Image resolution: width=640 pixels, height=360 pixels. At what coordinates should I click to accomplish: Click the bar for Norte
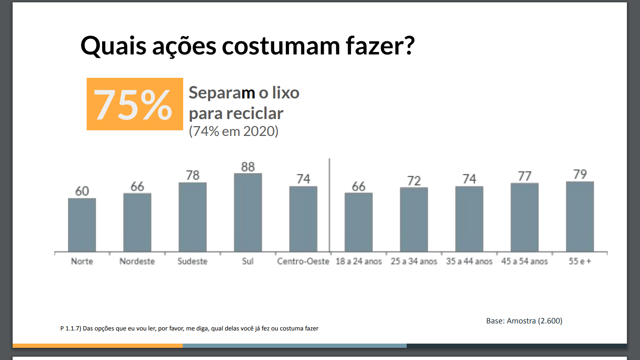(x=82, y=225)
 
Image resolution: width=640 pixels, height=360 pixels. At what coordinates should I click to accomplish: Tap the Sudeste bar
(x=193, y=217)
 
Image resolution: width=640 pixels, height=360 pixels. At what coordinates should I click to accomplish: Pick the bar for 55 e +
(x=580, y=217)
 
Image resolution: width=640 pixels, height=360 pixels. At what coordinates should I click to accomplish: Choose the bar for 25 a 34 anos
(x=414, y=219)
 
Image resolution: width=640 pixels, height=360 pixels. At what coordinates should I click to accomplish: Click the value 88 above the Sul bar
(x=248, y=167)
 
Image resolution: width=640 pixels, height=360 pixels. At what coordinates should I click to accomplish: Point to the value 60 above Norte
(x=82, y=191)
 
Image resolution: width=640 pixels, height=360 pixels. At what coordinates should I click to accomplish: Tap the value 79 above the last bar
(x=580, y=174)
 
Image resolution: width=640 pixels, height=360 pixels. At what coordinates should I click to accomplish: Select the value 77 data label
(x=525, y=176)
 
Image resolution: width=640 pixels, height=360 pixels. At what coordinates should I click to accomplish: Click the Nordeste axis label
(x=137, y=262)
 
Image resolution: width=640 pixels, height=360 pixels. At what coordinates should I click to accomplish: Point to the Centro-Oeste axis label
(x=303, y=262)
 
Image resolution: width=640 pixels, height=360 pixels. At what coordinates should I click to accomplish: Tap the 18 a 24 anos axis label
(x=359, y=262)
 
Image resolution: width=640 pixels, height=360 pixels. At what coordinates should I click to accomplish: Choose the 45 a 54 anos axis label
(x=525, y=262)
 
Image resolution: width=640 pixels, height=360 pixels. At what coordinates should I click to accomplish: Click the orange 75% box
(x=135, y=104)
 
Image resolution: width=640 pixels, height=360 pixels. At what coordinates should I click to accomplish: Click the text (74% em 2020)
(x=233, y=131)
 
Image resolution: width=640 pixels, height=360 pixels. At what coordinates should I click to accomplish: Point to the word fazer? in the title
(x=375, y=45)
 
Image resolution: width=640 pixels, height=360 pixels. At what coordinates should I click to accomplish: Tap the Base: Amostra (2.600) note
(x=524, y=321)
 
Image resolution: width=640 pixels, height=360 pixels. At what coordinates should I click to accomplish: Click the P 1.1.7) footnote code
(x=71, y=329)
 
